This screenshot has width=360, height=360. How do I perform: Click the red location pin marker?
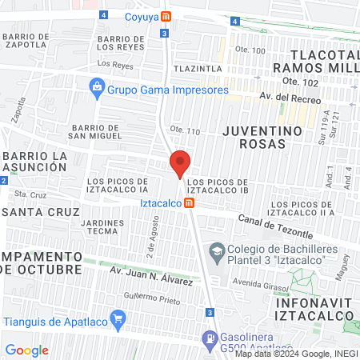pyautogui.click(x=180, y=164)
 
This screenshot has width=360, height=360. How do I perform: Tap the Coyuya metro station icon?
pyautogui.click(x=166, y=16)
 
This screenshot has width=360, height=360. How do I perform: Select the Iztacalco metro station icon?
pyautogui.click(x=189, y=203)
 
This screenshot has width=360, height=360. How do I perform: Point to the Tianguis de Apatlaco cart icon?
pyautogui.click(x=119, y=322)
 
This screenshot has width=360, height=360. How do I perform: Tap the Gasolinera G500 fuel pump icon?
pyautogui.click(x=210, y=338)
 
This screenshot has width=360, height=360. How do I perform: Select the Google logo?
pyautogui.click(x=26, y=350)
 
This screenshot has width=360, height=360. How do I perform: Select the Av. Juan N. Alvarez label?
pyautogui.click(x=151, y=276)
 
